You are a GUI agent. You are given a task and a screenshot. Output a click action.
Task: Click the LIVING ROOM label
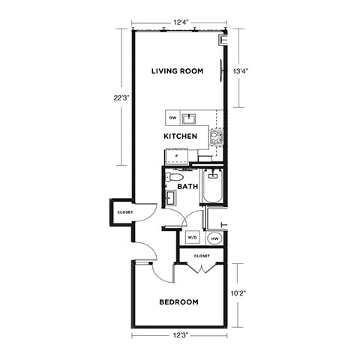point(177,71)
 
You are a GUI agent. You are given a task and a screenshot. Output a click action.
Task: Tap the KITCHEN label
point(181,136)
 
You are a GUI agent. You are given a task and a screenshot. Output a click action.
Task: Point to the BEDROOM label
point(179,302)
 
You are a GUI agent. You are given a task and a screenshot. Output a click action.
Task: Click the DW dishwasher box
point(172,118)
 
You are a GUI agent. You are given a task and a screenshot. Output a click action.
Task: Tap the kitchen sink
point(190,118)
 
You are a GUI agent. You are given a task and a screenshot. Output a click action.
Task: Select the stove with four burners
point(217,136)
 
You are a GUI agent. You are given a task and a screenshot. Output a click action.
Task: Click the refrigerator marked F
point(176,154)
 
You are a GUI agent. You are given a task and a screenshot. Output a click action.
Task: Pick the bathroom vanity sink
point(169,198)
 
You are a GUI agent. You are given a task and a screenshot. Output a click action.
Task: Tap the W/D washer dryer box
point(191,238)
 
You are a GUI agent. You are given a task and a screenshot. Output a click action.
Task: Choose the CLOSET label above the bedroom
point(201,256)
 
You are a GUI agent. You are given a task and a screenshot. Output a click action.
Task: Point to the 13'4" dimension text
point(240,71)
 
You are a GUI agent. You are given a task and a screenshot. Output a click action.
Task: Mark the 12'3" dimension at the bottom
point(178,335)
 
